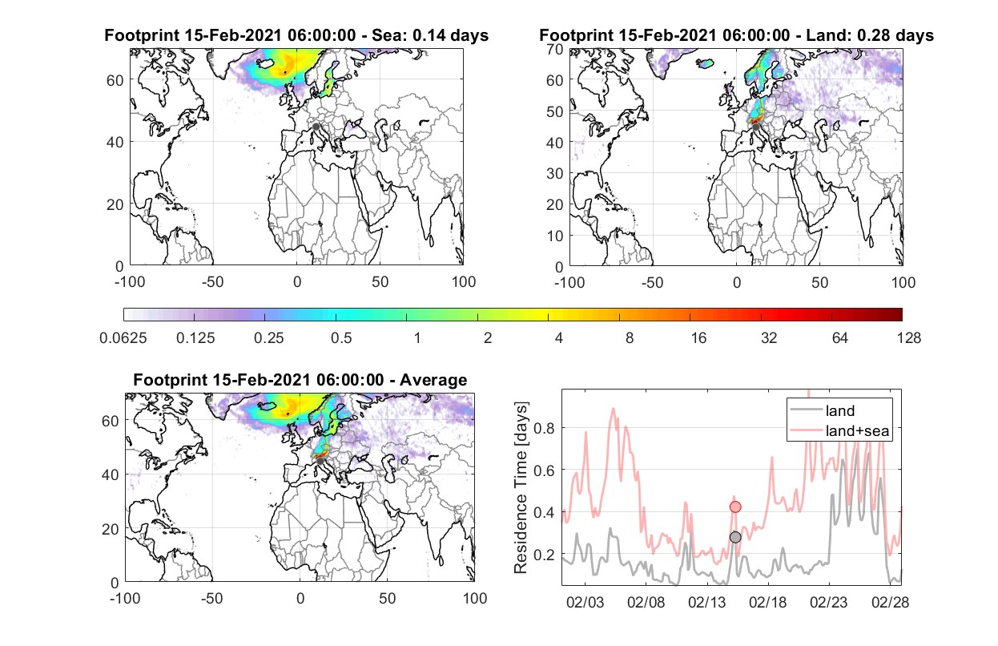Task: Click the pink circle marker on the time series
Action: click(735, 507)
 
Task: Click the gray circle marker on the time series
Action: click(735, 537)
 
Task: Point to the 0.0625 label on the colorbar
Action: click(123, 338)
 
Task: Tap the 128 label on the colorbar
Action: click(909, 338)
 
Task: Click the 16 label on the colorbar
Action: click(698, 338)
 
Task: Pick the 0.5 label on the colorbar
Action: click(341, 338)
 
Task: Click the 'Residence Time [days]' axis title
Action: click(521, 488)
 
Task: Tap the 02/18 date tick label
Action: click(767, 602)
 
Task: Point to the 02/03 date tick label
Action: click(585, 602)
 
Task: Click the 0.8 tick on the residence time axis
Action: click(544, 428)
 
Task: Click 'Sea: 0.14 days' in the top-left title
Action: click(430, 35)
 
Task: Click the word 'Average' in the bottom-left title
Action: click(433, 380)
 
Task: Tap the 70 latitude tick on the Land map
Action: click(555, 49)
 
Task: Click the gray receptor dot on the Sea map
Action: click(316, 127)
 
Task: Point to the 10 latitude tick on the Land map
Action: click(555, 236)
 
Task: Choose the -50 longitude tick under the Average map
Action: click(211, 598)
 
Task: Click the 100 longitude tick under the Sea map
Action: click(464, 282)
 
